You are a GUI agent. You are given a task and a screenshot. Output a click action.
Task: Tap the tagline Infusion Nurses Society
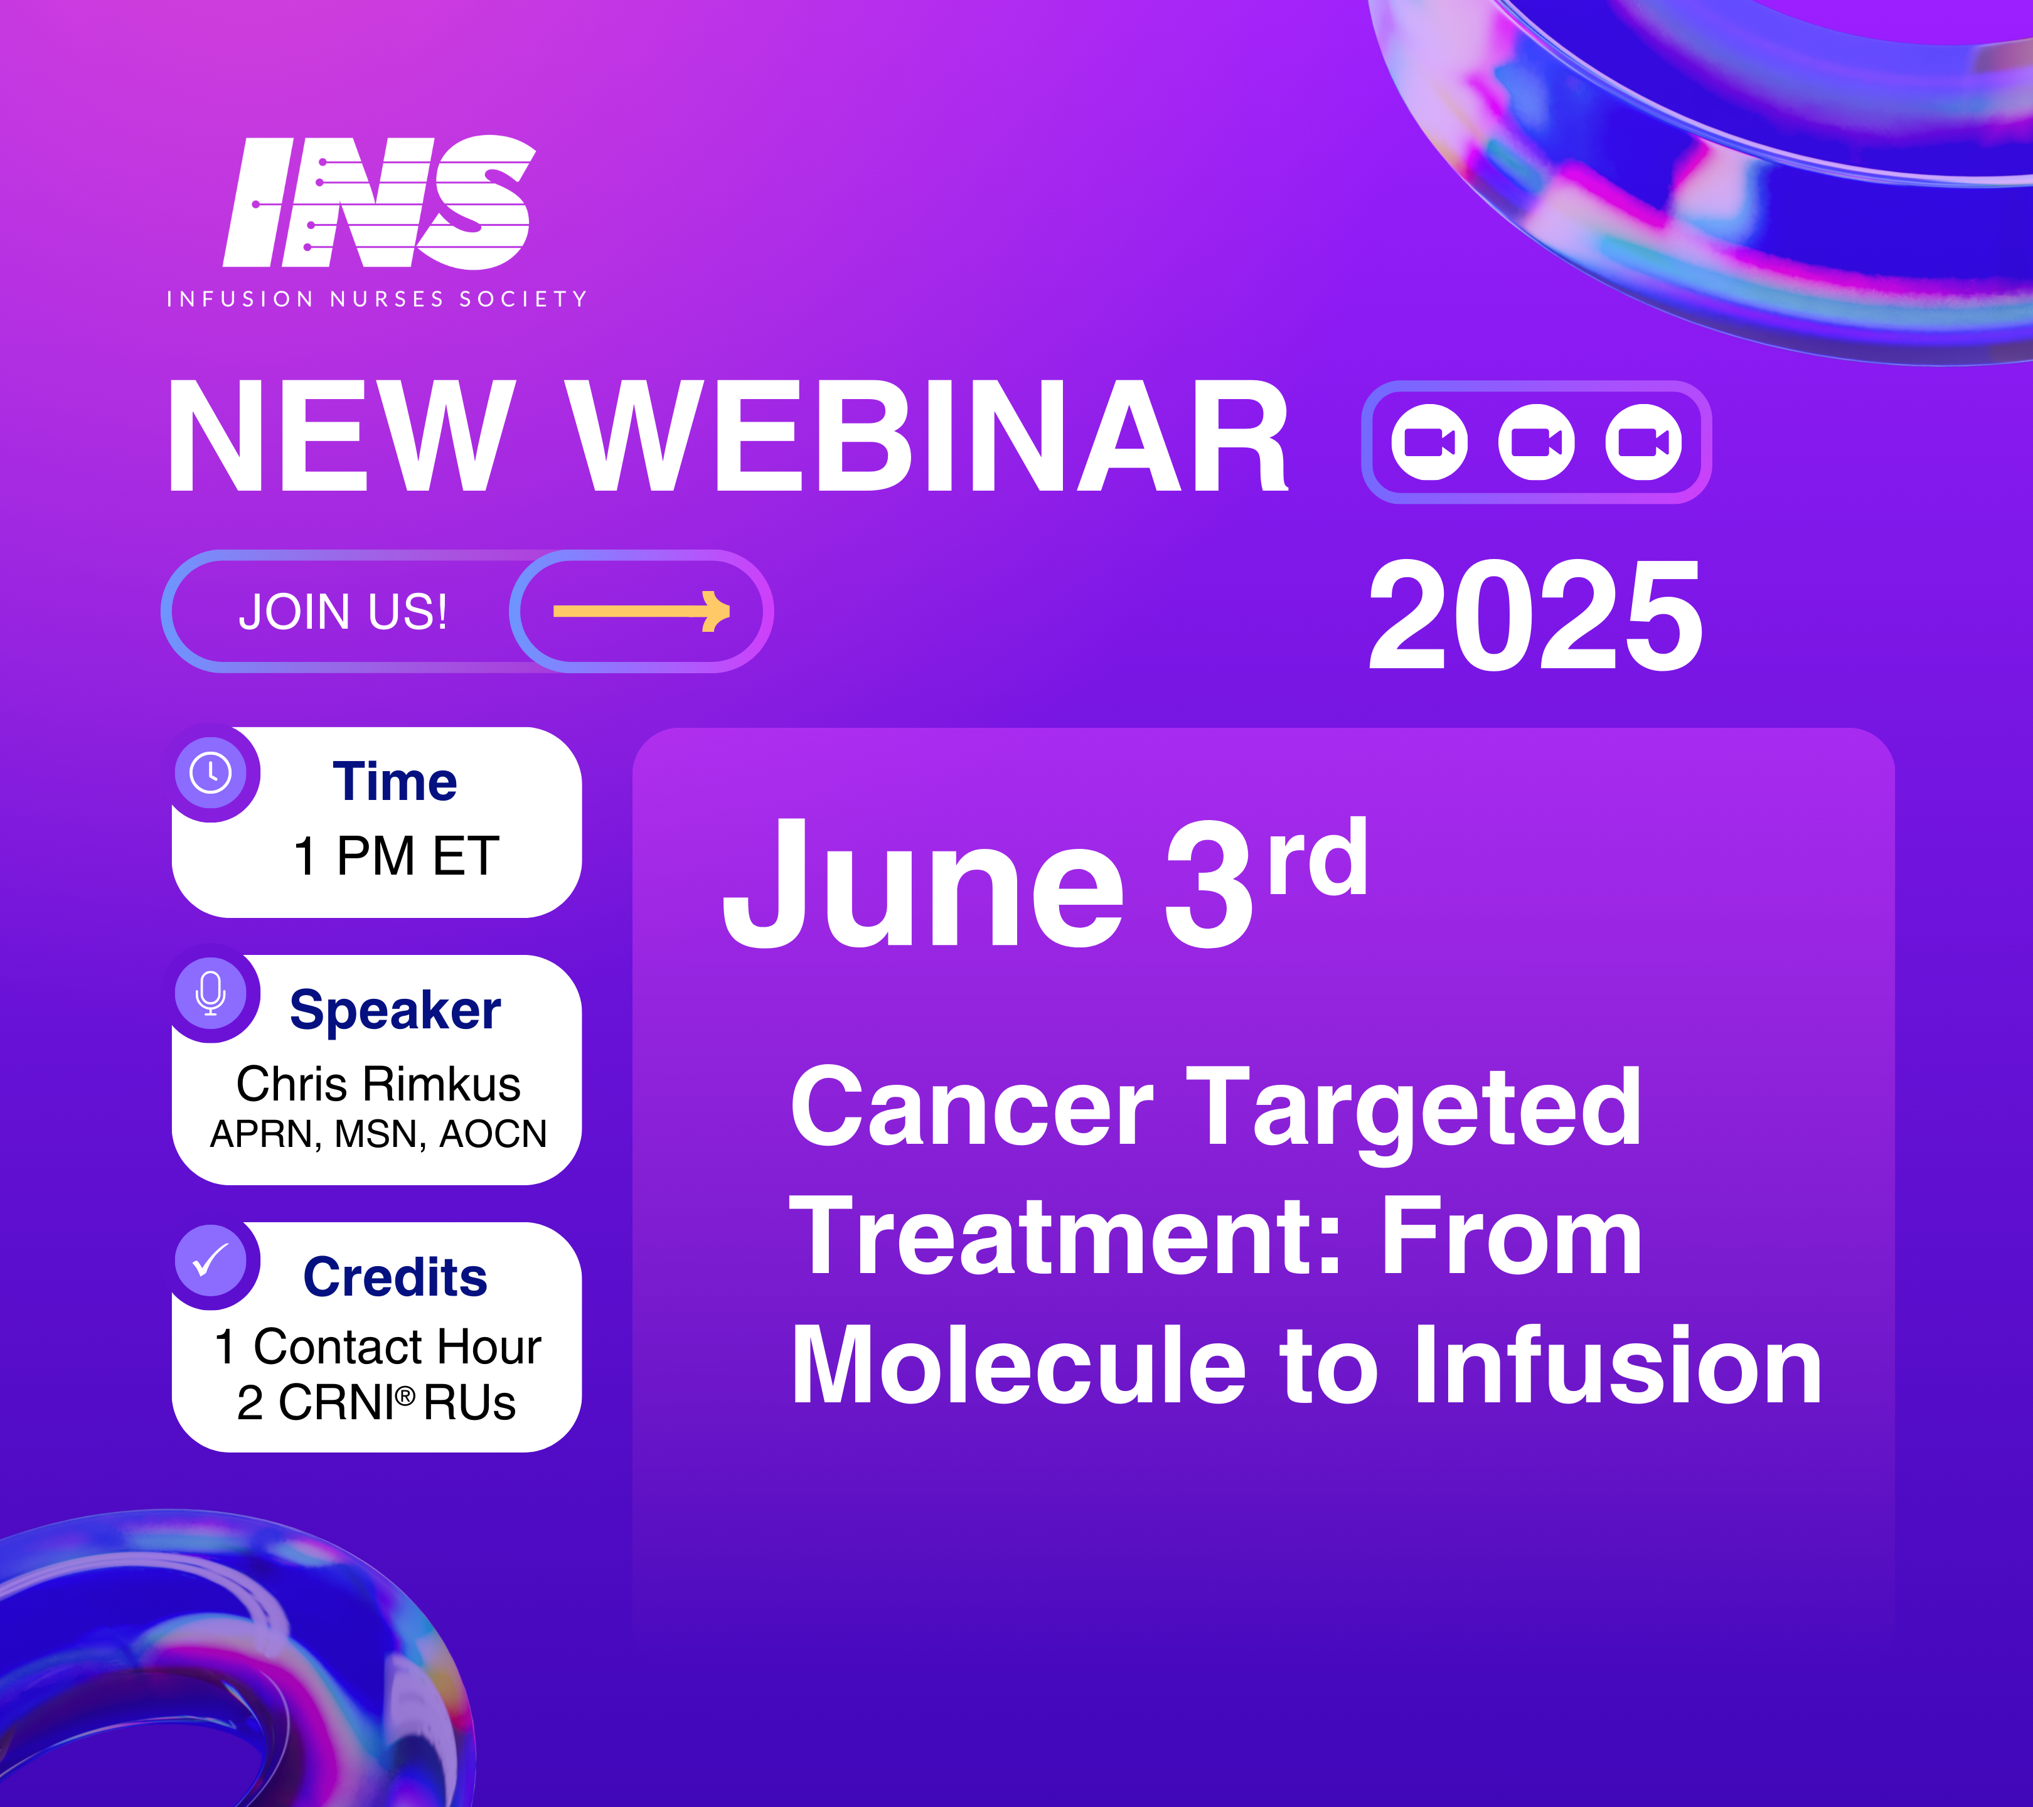(x=377, y=299)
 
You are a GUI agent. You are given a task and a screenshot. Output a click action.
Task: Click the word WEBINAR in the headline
(x=929, y=437)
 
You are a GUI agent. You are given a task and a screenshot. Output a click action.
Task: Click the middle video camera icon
(x=1537, y=442)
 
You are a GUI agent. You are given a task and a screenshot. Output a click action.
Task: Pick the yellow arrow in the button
(x=641, y=610)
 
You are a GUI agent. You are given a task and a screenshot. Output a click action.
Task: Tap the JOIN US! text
(x=343, y=612)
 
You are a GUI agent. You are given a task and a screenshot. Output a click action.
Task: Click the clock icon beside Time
(x=211, y=773)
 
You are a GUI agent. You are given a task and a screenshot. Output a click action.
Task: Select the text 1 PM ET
(x=396, y=856)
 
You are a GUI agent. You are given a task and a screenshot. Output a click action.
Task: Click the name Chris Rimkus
(x=378, y=1084)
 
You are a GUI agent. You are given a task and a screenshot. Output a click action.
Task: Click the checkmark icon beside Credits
(x=211, y=1260)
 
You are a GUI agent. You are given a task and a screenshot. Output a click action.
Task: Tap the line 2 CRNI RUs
(x=376, y=1403)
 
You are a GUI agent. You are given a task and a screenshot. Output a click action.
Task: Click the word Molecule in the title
(x=1018, y=1365)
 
